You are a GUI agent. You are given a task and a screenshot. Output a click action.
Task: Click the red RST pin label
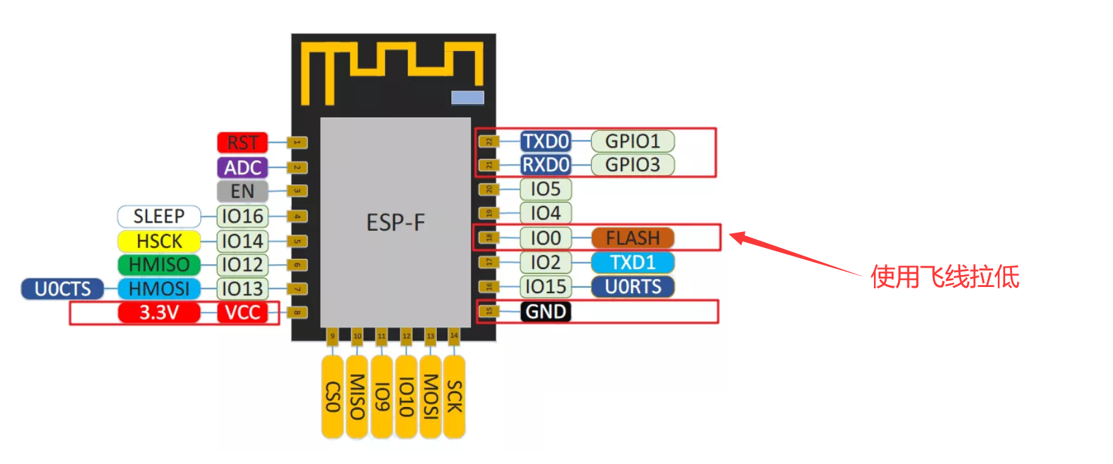pyautogui.click(x=242, y=142)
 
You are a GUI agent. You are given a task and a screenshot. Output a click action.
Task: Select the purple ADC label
pyautogui.click(x=242, y=167)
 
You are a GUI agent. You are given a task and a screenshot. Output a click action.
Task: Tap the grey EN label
pyautogui.click(x=242, y=191)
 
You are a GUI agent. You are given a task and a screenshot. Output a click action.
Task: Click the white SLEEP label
pyautogui.click(x=159, y=216)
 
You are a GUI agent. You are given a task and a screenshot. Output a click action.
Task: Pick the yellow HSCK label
pyautogui.click(x=159, y=241)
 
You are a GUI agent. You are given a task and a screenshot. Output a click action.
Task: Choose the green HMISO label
pyautogui.click(x=159, y=265)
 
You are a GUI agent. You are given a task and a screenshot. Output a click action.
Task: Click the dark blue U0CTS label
pyautogui.click(x=62, y=289)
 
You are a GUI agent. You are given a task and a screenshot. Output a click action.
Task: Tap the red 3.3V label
pyautogui.click(x=159, y=312)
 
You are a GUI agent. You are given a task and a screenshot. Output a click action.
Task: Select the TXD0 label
pyautogui.click(x=546, y=141)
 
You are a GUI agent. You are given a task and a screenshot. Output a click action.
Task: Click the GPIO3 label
pyautogui.click(x=632, y=164)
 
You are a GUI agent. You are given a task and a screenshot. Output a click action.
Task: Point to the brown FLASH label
pyautogui.click(x=632, y=238)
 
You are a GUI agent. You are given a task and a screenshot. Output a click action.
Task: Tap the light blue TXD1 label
pyautogui.click(x=632, y=262)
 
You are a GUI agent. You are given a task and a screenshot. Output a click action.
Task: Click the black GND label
pyautogui.click(x=546, y=312)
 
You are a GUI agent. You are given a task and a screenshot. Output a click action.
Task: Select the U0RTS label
pyautogui.click(x=632, y=287)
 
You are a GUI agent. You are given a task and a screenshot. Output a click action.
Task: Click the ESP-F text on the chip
pyautogui.click(x=395, y=223)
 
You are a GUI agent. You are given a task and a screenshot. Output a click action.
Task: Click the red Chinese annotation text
pyautogui.click(x=944, y=276)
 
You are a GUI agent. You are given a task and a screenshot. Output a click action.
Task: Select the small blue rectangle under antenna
pyautogui.click(x=467, y=98)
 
